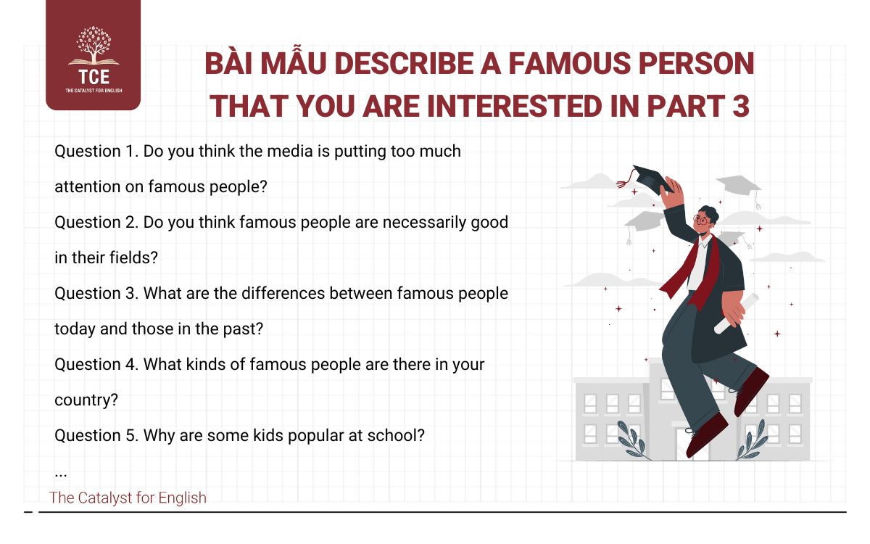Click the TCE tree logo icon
pos(92,46)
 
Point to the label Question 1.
pos(96,152)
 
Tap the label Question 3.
pos(96,294)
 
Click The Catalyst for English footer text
pos(128,498)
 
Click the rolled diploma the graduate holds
pos(735,313)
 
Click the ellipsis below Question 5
pos(61,473)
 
